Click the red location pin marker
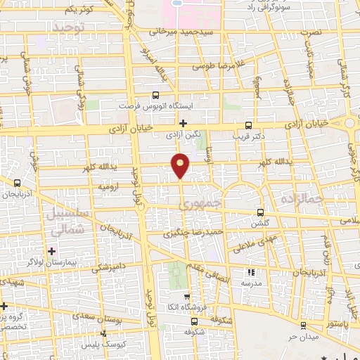tap(181, 165)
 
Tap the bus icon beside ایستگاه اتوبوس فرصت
tap(155, 96)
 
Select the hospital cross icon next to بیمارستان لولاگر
tap(51, 251)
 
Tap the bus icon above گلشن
tap(261, 212)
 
